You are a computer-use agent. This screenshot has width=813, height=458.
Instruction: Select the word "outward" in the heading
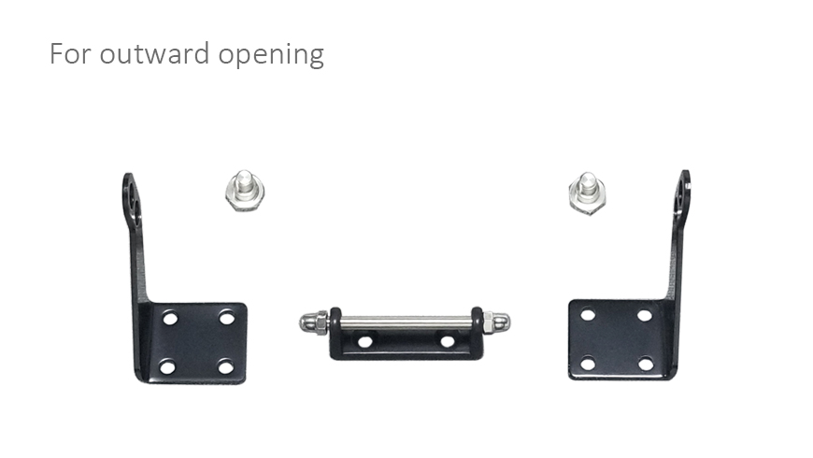click(154, 53)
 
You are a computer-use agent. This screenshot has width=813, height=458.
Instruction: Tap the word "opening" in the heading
click(271, 55)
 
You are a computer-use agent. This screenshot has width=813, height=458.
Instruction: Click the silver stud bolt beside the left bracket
click(244, 190)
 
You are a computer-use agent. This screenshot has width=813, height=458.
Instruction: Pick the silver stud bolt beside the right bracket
click(587, 193)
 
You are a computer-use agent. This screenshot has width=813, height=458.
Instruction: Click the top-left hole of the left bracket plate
click(170, 318)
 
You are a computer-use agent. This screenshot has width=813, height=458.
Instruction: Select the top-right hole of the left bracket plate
click(226, 317)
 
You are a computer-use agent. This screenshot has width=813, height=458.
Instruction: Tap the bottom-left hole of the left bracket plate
click(167, 367)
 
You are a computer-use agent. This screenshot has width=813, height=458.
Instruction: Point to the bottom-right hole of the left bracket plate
click(225, 366)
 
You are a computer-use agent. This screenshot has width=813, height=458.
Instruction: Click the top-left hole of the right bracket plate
click(588, 314)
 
